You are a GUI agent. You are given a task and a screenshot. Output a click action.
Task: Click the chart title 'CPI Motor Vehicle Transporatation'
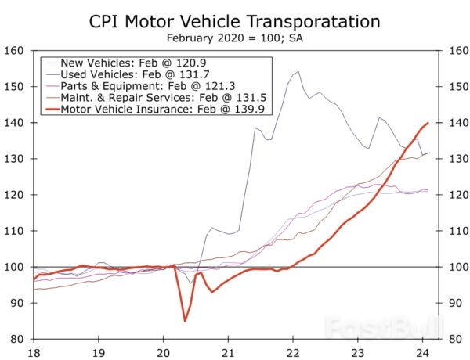pyautogui.click(x=235, y=20)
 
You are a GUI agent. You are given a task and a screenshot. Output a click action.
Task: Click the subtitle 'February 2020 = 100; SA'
pyautogui.click(x=235, y=37)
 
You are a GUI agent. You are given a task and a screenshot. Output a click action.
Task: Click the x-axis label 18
pyautogui.click(x=32, y=352)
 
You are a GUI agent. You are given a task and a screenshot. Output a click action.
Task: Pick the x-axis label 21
pyautogui.click(x=227, y=352)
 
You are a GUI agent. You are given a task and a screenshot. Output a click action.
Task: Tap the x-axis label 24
pyautogui.click(x=422, y=352)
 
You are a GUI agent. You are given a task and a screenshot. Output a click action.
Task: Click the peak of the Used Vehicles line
pyautogui.click(x=298, y=72)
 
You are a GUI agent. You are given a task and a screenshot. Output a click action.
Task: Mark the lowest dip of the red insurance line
pyautogui.click(x=185, y=320)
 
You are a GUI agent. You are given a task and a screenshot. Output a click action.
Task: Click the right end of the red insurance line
pyautogui.click(x=428, y=123)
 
